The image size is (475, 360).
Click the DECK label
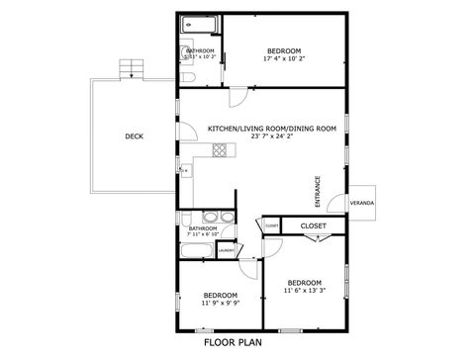[x=133, y=136]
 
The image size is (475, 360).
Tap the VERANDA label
[x=362, y=203]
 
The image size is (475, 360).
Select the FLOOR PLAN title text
[x=233, y=343]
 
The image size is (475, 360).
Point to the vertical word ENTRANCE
[x=318, y=190]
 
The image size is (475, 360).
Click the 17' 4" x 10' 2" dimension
[x=284, y=58]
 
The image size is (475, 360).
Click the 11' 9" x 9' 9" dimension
[x=220, y=303]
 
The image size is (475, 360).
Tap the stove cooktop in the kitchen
[x=220, y=150]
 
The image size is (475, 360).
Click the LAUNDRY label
[x=227, y=250]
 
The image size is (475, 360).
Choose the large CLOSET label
[x=313, y=225]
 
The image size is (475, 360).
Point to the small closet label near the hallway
[x=272, y=226]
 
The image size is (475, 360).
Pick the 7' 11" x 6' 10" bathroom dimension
[x=203, y=234]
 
